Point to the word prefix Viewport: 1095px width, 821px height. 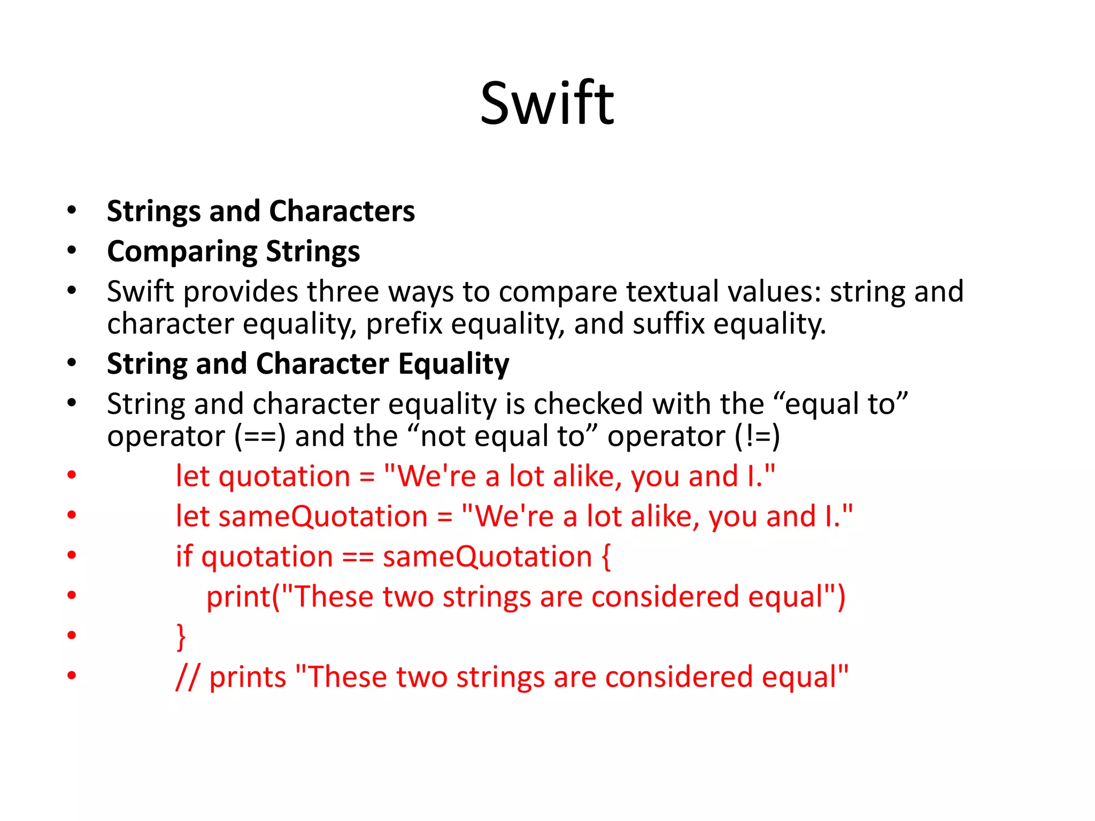404,324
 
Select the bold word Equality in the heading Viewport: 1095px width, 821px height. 453,365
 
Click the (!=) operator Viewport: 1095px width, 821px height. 757,437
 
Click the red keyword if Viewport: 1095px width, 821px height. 184,557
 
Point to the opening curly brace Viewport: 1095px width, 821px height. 606,557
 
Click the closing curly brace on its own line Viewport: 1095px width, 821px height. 181,637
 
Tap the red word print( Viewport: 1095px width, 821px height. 243,597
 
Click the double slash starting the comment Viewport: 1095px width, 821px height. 187,678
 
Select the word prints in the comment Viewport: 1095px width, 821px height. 248,678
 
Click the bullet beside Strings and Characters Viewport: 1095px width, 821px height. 72,210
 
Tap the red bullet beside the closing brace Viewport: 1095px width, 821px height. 72,635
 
